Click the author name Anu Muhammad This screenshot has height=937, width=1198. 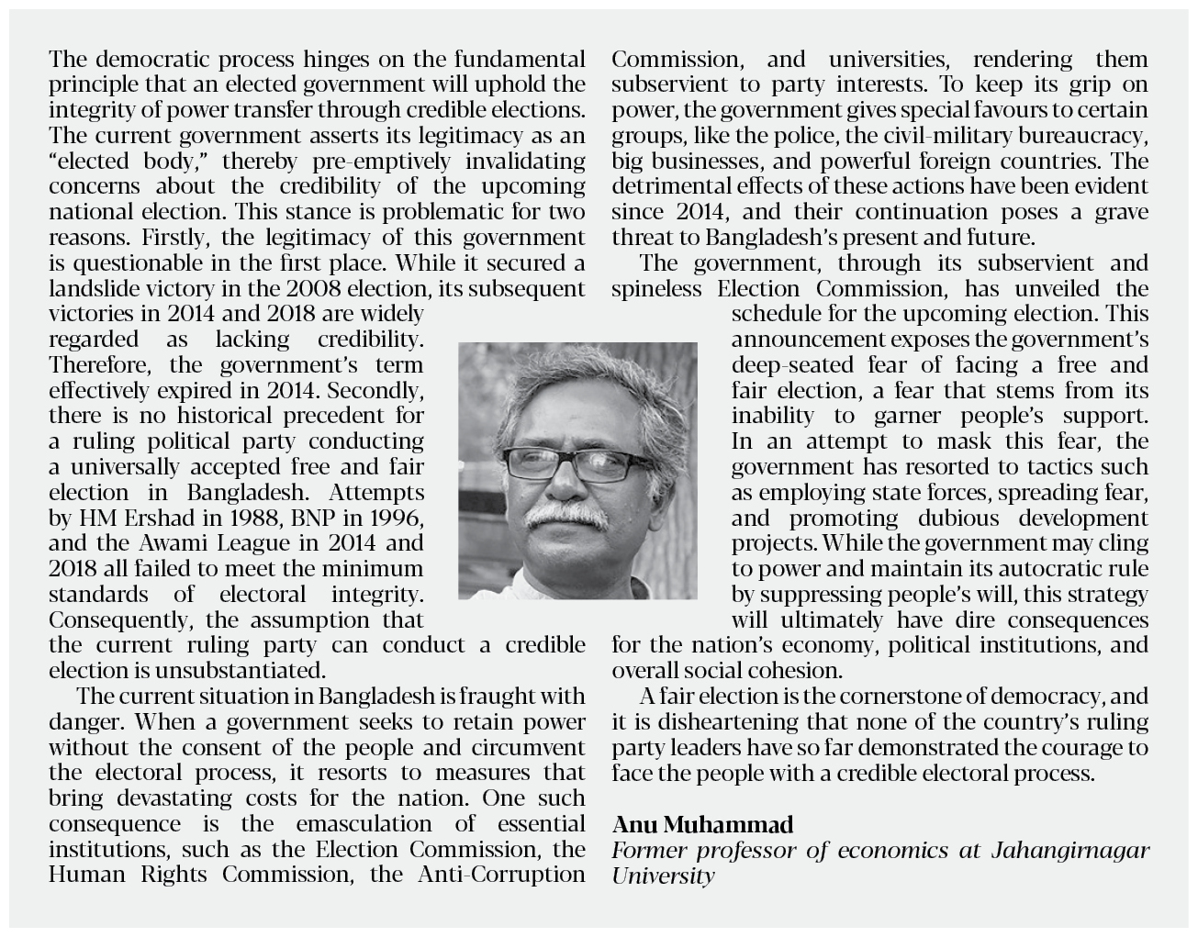pyautogui.click(x=702, y=824)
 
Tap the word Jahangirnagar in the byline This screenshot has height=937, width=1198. pyautogui.click(x=1069, y=850)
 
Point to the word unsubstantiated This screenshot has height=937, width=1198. pyautogui.click(x=234, y=669)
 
